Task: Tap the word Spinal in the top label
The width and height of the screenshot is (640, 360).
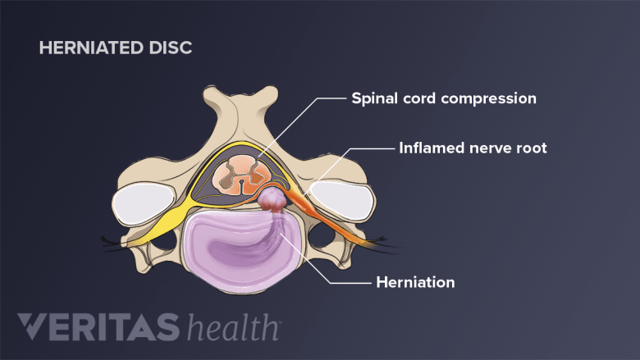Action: [374, 98]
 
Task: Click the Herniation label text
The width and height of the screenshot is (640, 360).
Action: [415, 282]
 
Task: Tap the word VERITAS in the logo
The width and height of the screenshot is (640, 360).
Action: [98, 326]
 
